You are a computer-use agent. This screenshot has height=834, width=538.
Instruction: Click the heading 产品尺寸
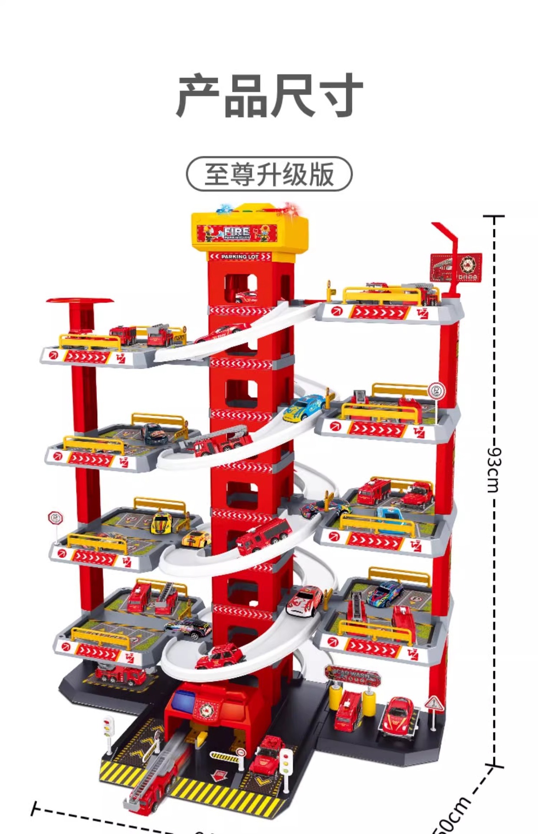pos(269,96)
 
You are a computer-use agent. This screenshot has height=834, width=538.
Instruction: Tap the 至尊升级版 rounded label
pos(269,174)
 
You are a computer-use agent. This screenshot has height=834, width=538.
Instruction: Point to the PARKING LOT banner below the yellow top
pos(240,257)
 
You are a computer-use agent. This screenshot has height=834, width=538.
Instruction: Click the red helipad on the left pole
pos(80,301)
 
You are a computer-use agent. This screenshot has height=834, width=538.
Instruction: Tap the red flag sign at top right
pos(456,267)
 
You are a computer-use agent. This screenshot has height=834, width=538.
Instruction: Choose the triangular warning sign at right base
pos(433,704)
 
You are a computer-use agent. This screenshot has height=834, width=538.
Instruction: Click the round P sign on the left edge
pos(56,518)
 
